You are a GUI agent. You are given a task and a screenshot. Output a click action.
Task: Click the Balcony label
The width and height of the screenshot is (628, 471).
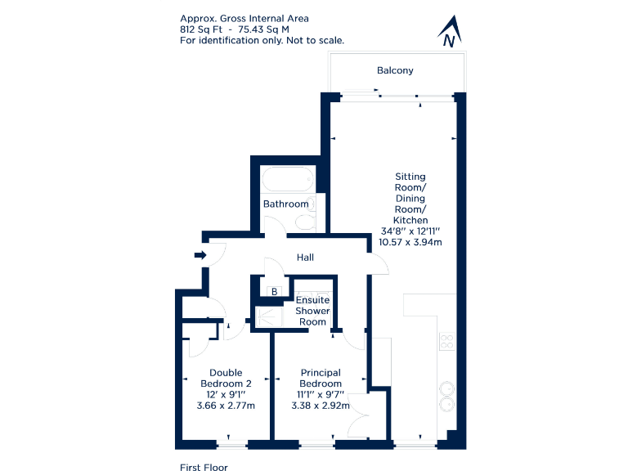[395, 70]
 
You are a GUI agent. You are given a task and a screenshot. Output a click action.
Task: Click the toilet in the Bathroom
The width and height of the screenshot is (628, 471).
[305, 222]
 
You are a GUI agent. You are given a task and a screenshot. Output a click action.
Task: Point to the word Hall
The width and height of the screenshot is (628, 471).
[305, 258]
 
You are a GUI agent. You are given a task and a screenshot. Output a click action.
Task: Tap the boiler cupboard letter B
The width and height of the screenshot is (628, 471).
[275, 291]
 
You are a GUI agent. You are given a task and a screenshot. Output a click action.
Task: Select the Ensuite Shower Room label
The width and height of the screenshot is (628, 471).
[312, 311]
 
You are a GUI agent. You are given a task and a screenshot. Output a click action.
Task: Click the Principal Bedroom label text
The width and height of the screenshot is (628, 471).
[320, 379]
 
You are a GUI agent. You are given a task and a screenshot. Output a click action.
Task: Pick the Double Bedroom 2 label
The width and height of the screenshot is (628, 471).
[226, 379]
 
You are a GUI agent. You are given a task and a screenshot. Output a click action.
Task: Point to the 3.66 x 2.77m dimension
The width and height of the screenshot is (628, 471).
[226, 406]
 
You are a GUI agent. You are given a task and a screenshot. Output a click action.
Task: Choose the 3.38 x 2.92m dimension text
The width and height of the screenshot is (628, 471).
[321, 406]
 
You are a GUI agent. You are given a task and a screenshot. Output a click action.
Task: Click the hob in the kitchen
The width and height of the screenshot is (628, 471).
[447, 341]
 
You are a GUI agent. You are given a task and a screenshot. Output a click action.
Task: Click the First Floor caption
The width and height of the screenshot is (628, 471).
[204, 468]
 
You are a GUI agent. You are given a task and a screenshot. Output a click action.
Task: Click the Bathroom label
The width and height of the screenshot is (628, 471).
[286, 204]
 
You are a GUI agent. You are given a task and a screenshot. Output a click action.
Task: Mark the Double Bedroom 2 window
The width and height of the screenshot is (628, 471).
[231, 445]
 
